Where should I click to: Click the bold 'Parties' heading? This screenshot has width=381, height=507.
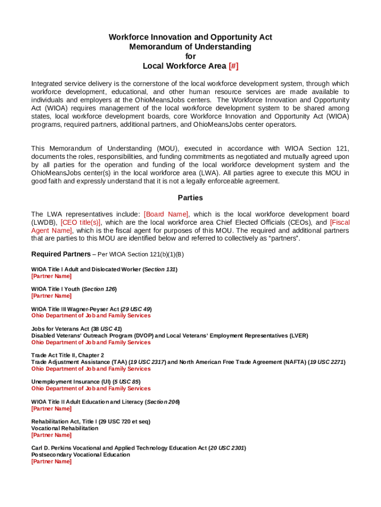190,198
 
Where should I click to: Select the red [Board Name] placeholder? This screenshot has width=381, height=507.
166,214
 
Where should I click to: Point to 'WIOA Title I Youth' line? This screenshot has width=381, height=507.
74,289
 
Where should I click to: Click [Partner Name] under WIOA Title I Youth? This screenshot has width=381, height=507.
51,296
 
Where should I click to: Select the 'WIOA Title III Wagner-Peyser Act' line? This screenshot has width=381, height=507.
91,308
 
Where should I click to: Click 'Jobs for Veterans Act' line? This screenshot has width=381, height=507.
76,328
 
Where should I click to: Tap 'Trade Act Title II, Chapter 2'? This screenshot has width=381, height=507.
67,355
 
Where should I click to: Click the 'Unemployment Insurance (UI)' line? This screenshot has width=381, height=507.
86,381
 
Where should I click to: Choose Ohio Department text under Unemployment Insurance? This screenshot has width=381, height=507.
91,388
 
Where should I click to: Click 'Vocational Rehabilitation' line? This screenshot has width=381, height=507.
64,428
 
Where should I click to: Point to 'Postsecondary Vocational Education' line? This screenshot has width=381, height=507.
80,454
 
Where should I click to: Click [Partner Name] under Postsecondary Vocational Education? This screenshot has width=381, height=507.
51,461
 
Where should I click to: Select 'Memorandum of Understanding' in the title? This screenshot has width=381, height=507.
190,47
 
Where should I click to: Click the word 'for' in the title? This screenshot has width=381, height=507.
190,56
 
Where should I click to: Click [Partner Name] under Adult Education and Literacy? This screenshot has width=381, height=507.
51,408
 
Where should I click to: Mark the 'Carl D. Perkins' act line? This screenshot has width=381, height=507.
138,448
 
